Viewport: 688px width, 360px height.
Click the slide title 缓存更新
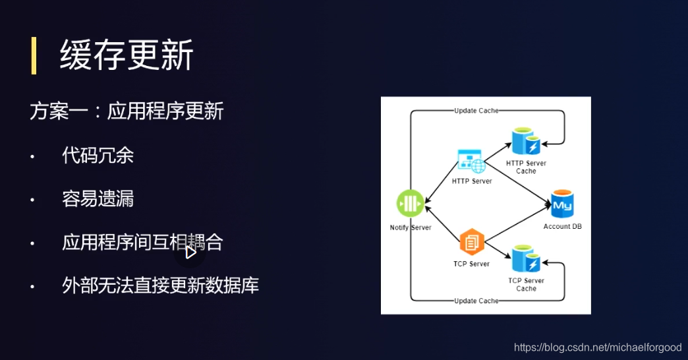click(x=127, y=55)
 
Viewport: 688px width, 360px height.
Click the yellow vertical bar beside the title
click(x=34, y=55)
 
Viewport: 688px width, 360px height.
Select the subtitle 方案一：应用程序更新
click(x=127, y=111)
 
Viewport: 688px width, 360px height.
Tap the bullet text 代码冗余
click(x=98, y=156)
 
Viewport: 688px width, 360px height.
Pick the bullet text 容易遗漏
click(x=98, y=199)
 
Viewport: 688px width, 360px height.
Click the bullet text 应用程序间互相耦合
click(x=142, y=243)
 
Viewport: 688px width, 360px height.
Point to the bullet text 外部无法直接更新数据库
click(x=160, y=285)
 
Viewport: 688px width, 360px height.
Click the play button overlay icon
click(x=190, y=252)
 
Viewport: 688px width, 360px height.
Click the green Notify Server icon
click(x=410, y=203)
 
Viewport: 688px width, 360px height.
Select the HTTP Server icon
click(x=471, y=162)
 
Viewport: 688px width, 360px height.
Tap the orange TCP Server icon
click(x=472, y=243)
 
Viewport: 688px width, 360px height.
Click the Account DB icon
click(x=562, y=205)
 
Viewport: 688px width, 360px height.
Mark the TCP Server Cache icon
click(x=526, y=260)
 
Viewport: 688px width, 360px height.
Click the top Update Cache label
click(x=476, y=110)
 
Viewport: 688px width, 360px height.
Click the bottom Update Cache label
click(x=476, y=301)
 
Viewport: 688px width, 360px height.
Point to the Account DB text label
click(x=562, y=227)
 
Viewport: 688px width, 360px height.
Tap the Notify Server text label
click(x=411, y=227)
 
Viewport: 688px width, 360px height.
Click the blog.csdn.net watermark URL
click(x=598, y=347)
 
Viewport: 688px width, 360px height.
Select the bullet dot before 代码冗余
click(x=32, y=157)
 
